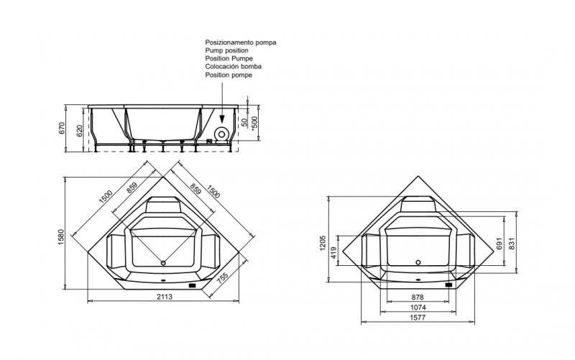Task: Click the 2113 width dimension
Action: [x=165, y=297]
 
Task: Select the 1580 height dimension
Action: [x=61, y=237]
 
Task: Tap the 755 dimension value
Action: [x=223, y=278]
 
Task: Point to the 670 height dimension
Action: [x=62, y=128]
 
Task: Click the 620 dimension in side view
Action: [x=80, y=130]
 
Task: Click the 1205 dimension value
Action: [x=323, y=243]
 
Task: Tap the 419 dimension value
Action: [x=333, y=253]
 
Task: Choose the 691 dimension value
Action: [x=499, y=244]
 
